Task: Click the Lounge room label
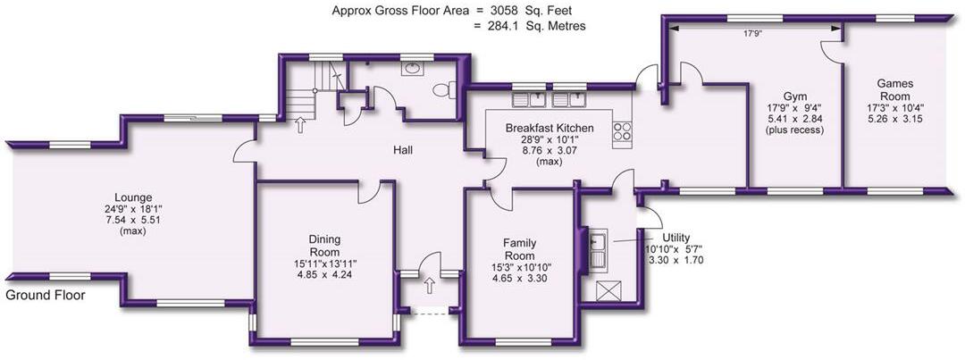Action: tap(137, 198)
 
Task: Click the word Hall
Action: tap(404, 149)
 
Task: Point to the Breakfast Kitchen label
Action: tap(550, 129)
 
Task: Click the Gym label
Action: tap(795, 97)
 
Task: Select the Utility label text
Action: tap(676, 238)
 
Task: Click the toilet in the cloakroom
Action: tap(443, 90)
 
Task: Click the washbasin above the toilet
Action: tap(410, 68)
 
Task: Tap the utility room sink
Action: tap(598, 249)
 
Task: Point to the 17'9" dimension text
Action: tap(752, 35)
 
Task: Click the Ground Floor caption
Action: tap(45, 296)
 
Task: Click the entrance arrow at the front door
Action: tap(429, 286)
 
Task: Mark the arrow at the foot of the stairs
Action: tap(299, 125)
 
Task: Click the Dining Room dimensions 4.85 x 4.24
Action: tap(325, 275)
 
